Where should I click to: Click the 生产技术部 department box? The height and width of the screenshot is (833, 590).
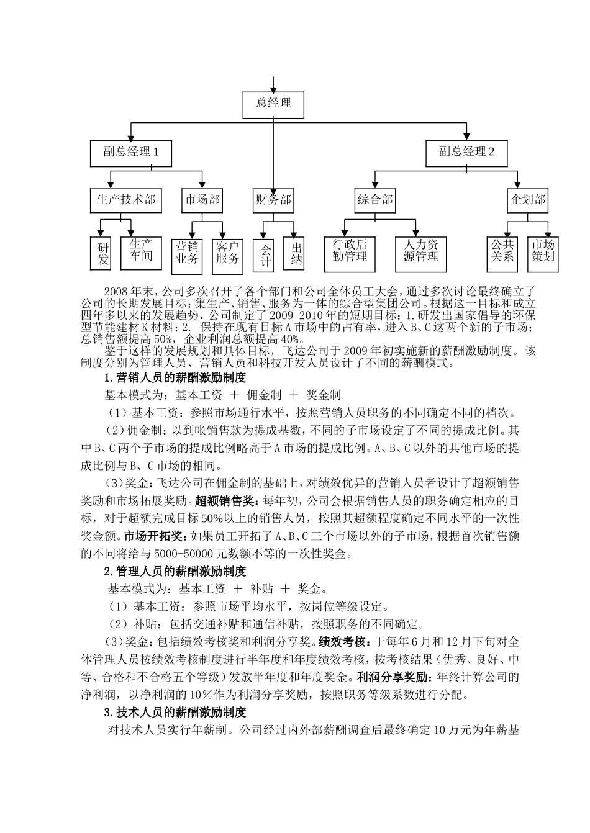pyautogui.click(x=125, y=200)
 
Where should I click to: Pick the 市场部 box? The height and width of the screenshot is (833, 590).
pyautogui.click(x=202, y=200)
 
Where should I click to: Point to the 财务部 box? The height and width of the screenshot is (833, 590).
pyautogui.click(x=273, y=200)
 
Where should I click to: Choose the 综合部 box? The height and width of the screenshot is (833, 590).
pyautogui.click(x=375, y=200)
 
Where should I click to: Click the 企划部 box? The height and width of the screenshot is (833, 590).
pyautogui.click(x=527, y=200)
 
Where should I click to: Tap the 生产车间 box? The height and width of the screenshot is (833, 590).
pyautogui.click(x=141, y=250)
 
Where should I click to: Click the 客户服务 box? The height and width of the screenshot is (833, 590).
pyautogui.click(x=227, y=253)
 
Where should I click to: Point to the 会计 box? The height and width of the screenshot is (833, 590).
pyautogui.click(x=265, y=255)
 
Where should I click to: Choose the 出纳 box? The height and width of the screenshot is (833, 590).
pyautogui.click(x=296, y=253)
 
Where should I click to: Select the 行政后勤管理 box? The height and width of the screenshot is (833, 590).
pyautogui.click(x=350, y=252)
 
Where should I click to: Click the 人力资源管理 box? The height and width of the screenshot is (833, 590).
pyautogui.click(x=421, y=252)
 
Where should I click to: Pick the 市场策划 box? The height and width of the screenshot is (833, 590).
pyautogui.click(x=543, y=252)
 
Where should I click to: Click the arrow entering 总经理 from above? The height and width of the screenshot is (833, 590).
pyautogui.click(x=273, y=84)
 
